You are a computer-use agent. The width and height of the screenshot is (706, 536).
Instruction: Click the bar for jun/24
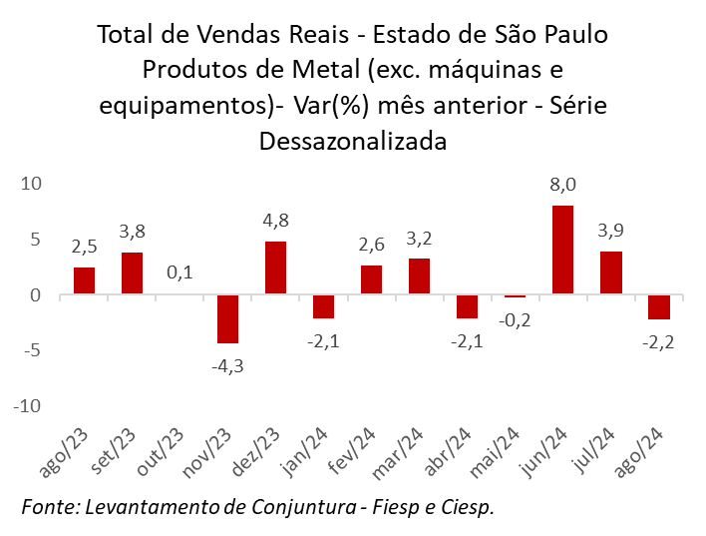pos(562,250)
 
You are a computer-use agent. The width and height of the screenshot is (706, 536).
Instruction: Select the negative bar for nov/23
pos(227,319)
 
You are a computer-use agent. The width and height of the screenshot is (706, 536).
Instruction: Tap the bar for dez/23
pos(275,268)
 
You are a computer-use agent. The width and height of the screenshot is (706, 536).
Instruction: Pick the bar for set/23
pos(132,273)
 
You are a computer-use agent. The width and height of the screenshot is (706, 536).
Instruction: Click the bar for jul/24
pos(610,272)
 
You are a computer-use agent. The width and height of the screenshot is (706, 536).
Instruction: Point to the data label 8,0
pos(562,185)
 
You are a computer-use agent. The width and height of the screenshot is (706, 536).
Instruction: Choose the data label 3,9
pos(610,231)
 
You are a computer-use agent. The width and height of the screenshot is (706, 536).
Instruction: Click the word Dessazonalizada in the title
pos(352,141)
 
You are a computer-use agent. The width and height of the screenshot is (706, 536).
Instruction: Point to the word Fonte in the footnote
pos(49,506)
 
